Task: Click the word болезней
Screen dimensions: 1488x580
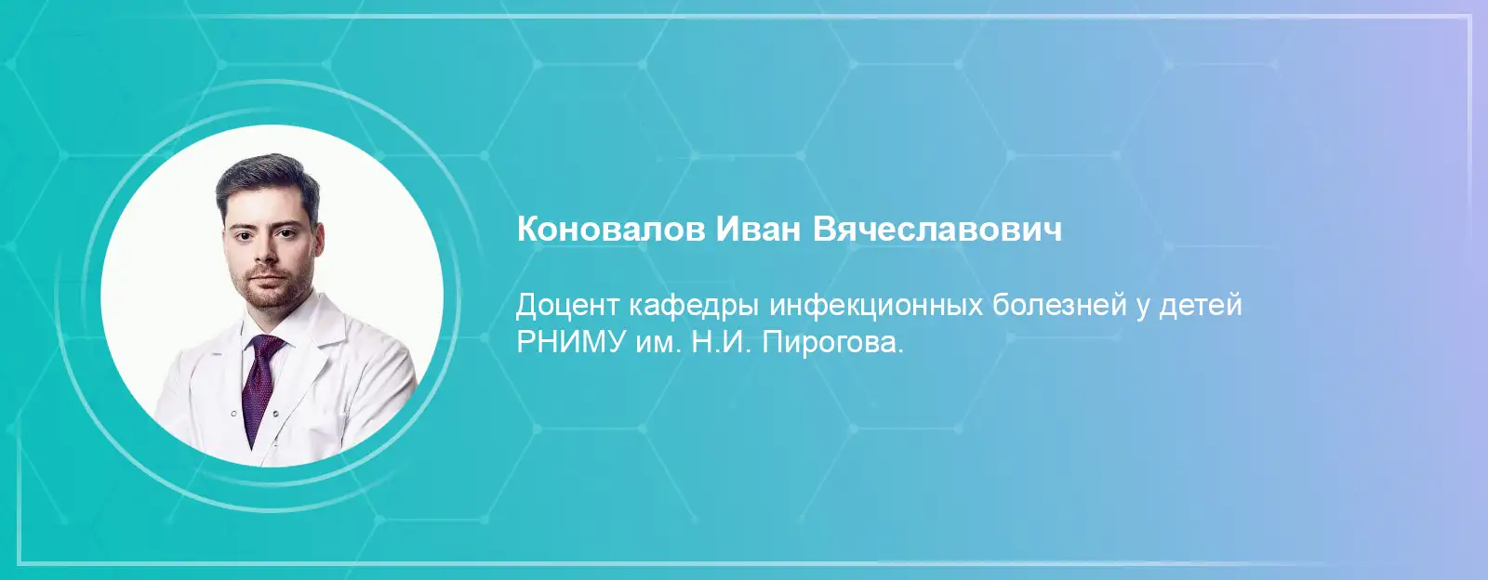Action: coord(1059,305)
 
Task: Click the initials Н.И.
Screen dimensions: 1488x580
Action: coord(721,342)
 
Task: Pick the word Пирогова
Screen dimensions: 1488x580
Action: coord(833,344)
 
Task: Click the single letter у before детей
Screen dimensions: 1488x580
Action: coord(1143,310)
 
